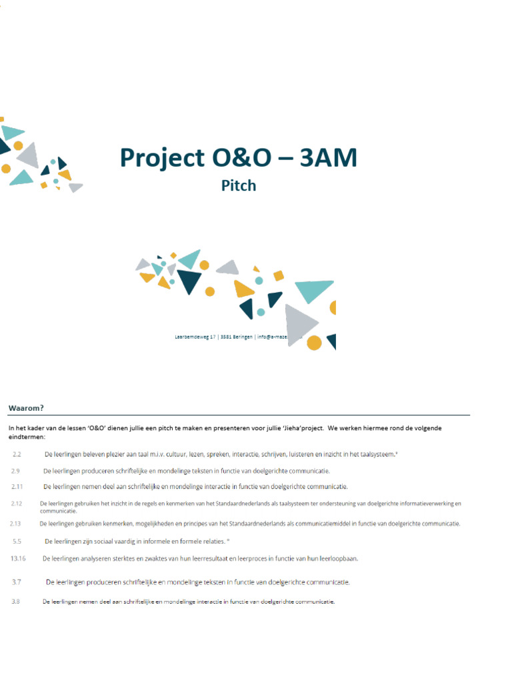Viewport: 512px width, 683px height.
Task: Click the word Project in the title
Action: pos(161,158)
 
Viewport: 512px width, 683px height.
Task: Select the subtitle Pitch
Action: pos(239,185)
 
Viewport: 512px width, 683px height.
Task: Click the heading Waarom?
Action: pos(26,408)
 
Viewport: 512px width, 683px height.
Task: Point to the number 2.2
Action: pos(17,454)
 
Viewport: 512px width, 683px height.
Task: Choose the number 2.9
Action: pos(15,471)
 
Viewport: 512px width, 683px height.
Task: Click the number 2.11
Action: pos(17,487)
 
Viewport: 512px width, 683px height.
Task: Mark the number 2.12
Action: pos(17,504)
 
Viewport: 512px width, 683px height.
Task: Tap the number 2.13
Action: pos(17,524)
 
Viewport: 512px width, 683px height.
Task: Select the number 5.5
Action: pos(17,541)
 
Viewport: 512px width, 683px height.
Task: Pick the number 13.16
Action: pos(18,558)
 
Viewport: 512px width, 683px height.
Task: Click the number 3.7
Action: pos(17,582)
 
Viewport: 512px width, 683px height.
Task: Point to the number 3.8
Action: pos(15,602)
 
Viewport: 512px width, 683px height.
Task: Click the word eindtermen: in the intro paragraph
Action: pos(27,437)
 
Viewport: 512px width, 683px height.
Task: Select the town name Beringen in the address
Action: pos(242,337)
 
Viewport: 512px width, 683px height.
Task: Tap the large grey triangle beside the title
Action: pos(29,155)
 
